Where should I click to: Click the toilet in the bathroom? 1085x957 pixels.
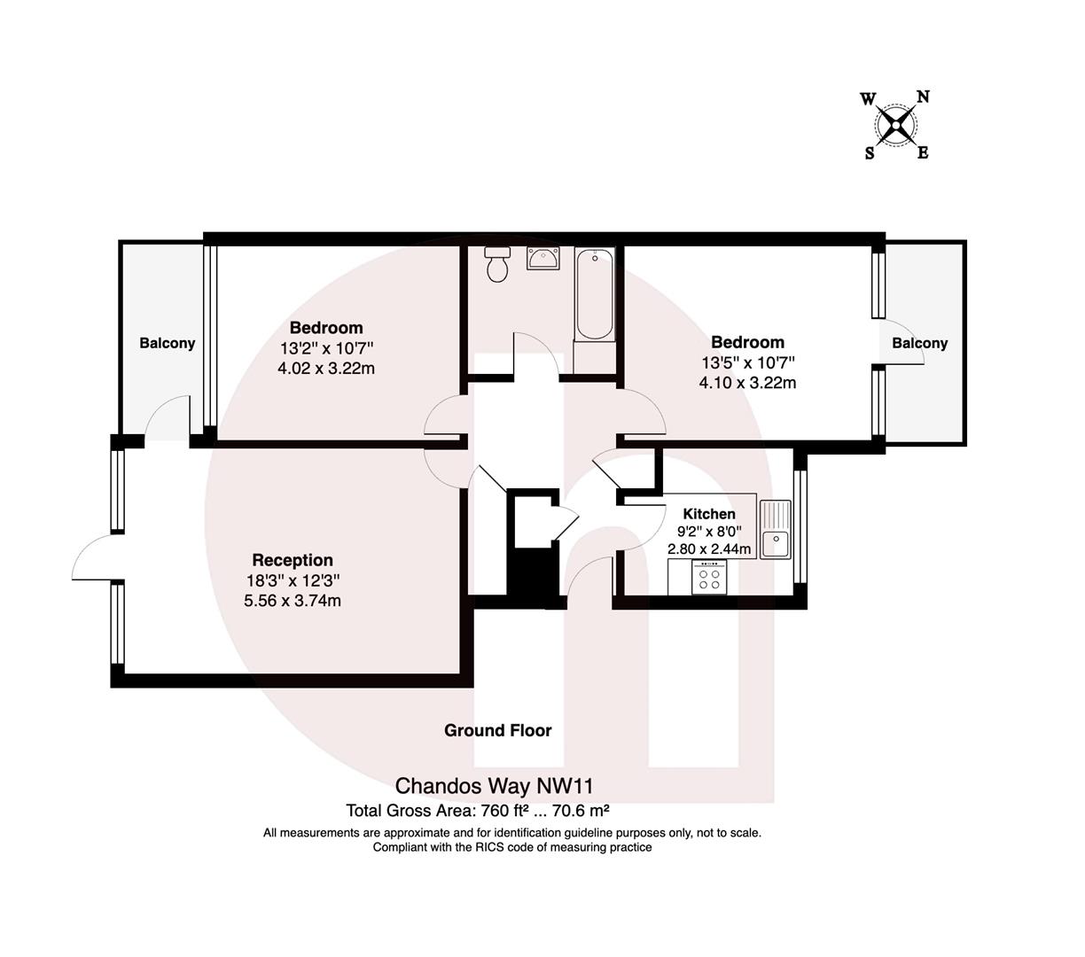(x=497, y=263)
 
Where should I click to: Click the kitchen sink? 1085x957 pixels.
(x=776, y=529)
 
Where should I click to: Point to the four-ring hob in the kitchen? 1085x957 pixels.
(x=710, y=579)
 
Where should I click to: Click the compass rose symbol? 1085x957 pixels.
(x=896, y=125)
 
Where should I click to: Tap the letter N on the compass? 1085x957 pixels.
(x=922, y=97)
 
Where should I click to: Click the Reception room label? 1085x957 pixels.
(x=293, y=560)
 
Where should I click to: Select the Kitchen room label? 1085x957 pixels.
(x=709, y=514)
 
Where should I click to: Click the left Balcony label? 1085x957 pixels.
(x=167, y=343)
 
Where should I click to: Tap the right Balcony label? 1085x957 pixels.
(x=919, y=343)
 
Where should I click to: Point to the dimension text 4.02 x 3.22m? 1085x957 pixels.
(x=326, y=368)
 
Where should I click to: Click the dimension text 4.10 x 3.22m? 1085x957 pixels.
(x=747, y=383)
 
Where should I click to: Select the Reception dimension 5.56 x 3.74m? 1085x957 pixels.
(x=293, y=601)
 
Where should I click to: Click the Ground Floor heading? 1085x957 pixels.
(x=497, y=730)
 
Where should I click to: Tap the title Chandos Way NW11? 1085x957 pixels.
(x=494, y=786)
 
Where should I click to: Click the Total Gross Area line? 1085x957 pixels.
(x=477, y=810)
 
